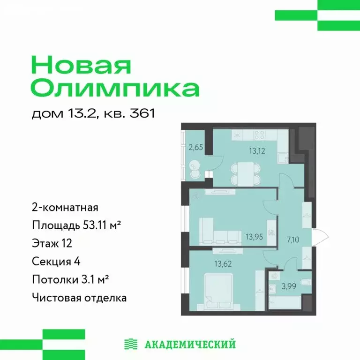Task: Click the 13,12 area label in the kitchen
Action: point(248,151)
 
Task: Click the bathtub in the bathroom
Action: point(287,300)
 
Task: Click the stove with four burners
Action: point(260,135)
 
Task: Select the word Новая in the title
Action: point(81,65)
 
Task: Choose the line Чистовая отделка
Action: point(79,297)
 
